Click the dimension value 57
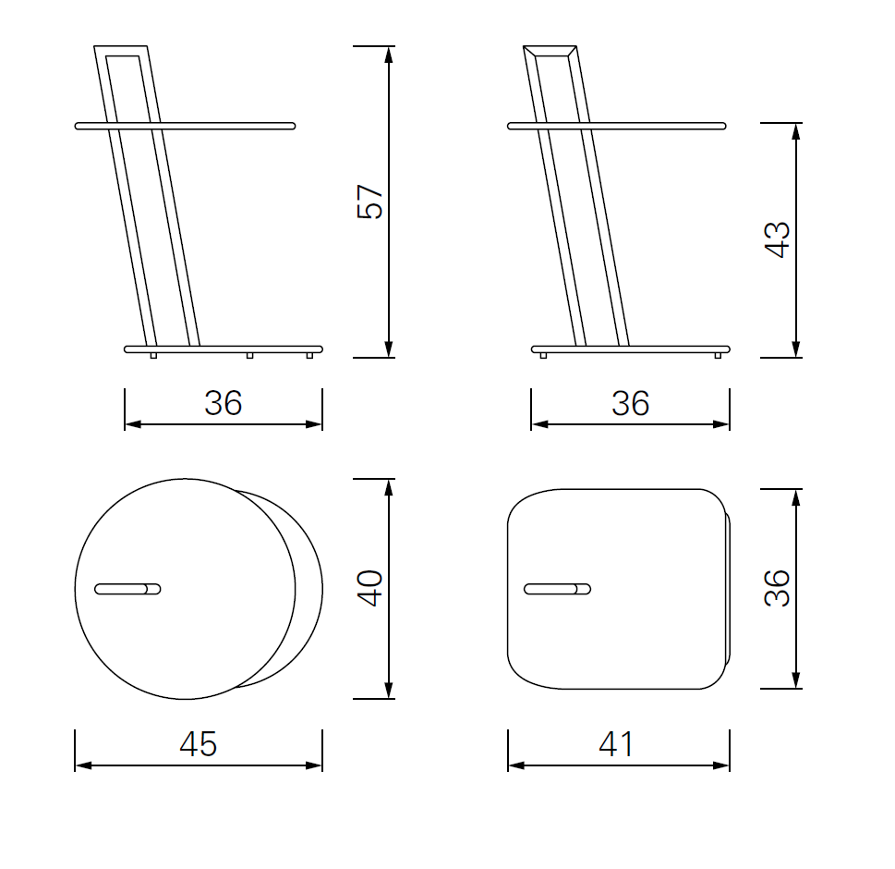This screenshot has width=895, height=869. [x=369, y=202]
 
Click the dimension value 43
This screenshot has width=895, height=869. [x=776, y=240]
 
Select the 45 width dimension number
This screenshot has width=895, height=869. [x=198, y=744]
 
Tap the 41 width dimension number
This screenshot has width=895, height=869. [x=616, y=744]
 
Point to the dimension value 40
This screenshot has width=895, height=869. [x=369, y=588]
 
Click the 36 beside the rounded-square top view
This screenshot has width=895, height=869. [x=776, y=588]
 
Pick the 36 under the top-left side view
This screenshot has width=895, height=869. [x=224, y=403]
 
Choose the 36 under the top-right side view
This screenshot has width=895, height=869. [x=630, y=403]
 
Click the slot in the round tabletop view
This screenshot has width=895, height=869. [x=127, y=589]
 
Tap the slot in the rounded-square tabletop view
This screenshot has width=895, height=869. [x=557, y=589]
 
